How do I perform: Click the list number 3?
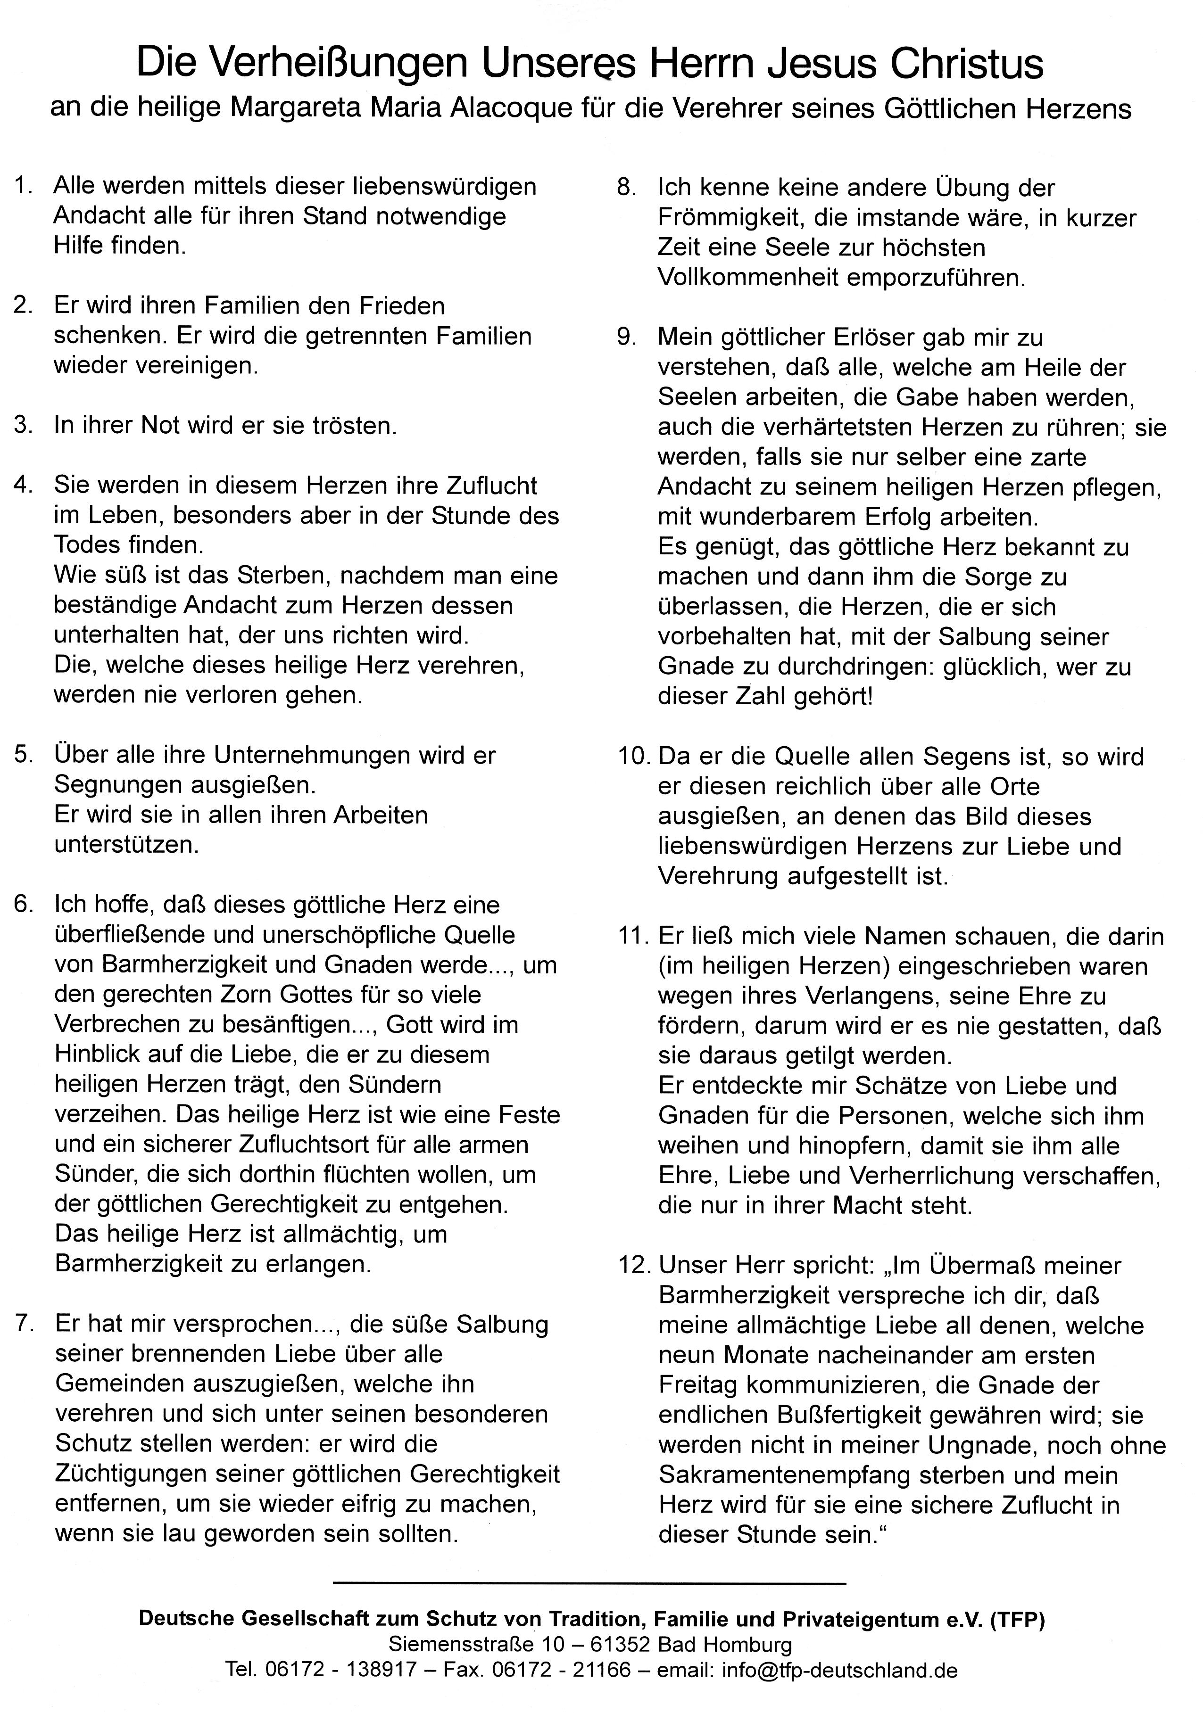23,425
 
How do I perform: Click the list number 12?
633,1265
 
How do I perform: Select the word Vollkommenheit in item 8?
747,278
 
